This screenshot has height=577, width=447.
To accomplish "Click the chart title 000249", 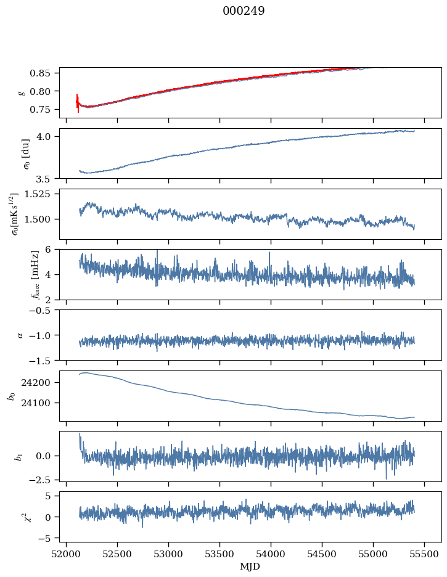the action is pyautogui.click(x=244, y=11).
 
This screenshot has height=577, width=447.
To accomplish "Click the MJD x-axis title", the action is pyautogui.click(x=250, y=567).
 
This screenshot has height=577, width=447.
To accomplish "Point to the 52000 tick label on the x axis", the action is pyautogui.click(x=66, y=554).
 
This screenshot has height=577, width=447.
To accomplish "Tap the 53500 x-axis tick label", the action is pyautogui.click(x=219, y=554).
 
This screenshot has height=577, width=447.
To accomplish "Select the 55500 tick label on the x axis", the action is pyautogui.click(x=424, y=554).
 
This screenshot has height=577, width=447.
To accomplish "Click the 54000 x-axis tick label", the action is pyautogui.click(x=271, y=554).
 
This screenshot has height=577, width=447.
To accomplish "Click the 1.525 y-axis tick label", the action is pyautogui.click(x=37, y=194).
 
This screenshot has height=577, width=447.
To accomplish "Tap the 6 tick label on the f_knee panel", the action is pyautogui.click(x=47, y=250).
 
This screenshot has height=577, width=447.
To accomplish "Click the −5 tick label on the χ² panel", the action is pyautogui.click(x=44, y=538).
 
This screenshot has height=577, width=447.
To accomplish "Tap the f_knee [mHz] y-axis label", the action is pyautogui.click(x=35, y=274).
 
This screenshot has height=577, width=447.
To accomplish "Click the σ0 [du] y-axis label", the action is pyautogui.click(x=26, y=154).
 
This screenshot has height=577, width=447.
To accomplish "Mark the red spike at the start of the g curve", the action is pyautogui.click(x=78, y=103).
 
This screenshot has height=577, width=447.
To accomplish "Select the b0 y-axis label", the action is pyautogui.click(x=12, y=396).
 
